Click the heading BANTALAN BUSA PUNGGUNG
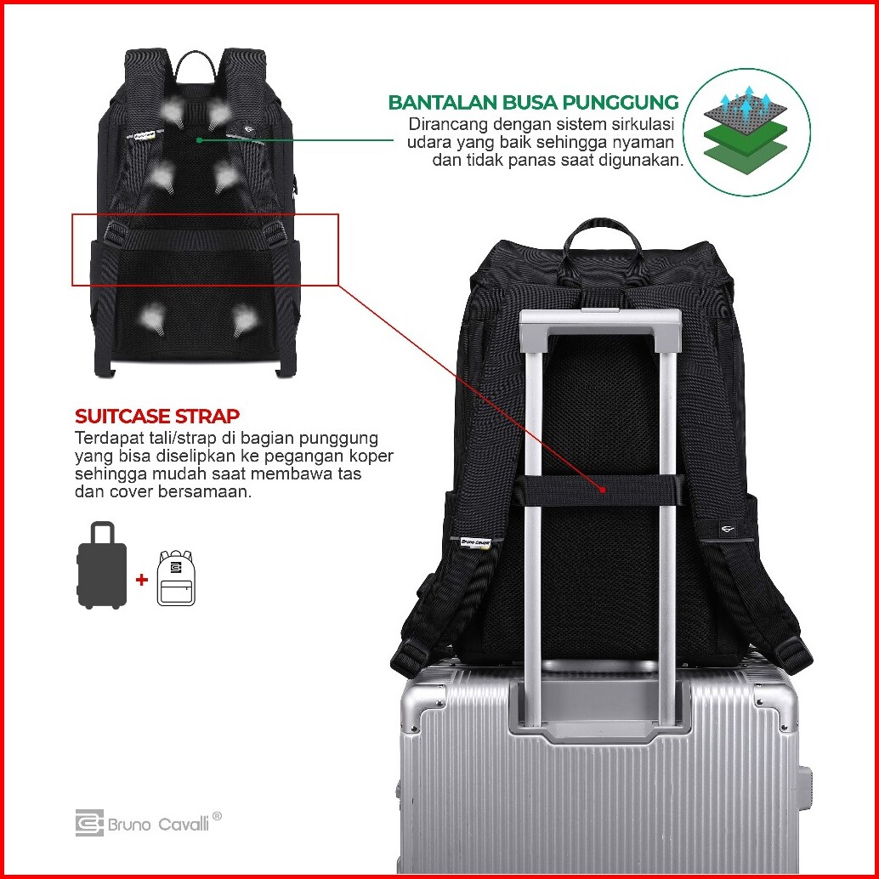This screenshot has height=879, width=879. [533, 103]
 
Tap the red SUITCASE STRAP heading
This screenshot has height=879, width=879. [157, 417]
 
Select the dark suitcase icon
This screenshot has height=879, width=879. [102, 564]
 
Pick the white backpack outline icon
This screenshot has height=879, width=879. [176, 578]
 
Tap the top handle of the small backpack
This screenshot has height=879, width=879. [197, 63]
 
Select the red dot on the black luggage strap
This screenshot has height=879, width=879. [603, 490]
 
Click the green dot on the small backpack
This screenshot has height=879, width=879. [198, 139]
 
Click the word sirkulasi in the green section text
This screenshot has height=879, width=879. [634, 125]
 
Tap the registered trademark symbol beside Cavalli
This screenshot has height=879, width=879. [217, 816]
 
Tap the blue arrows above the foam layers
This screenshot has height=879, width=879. [744, 105]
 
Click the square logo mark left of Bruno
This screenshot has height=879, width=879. [88, 823]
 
